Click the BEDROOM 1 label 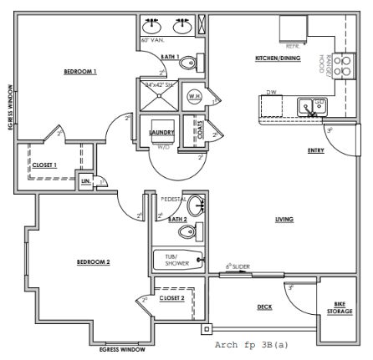pyautogui.click(x=80, y=72)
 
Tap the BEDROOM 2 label pyautogui.click(x=94, y=261)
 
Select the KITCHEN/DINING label pyautogui.click(x=278, y=58)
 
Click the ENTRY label pyautogui.click(x=316, y=151)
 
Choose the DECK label pyautogui.click(x=264, y=307)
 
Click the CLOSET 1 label pyautogui.click(x=44, y=165)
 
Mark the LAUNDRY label pyautogui.click(x=161, y=132)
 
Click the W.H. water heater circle pyautogui.click(x=194, y=96)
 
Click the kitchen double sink pyautogui.click(x=314, y=106)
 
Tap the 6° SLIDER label pyautogui.click(x=238, y=267)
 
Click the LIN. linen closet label pyautogui.click(x=86, y=180)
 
